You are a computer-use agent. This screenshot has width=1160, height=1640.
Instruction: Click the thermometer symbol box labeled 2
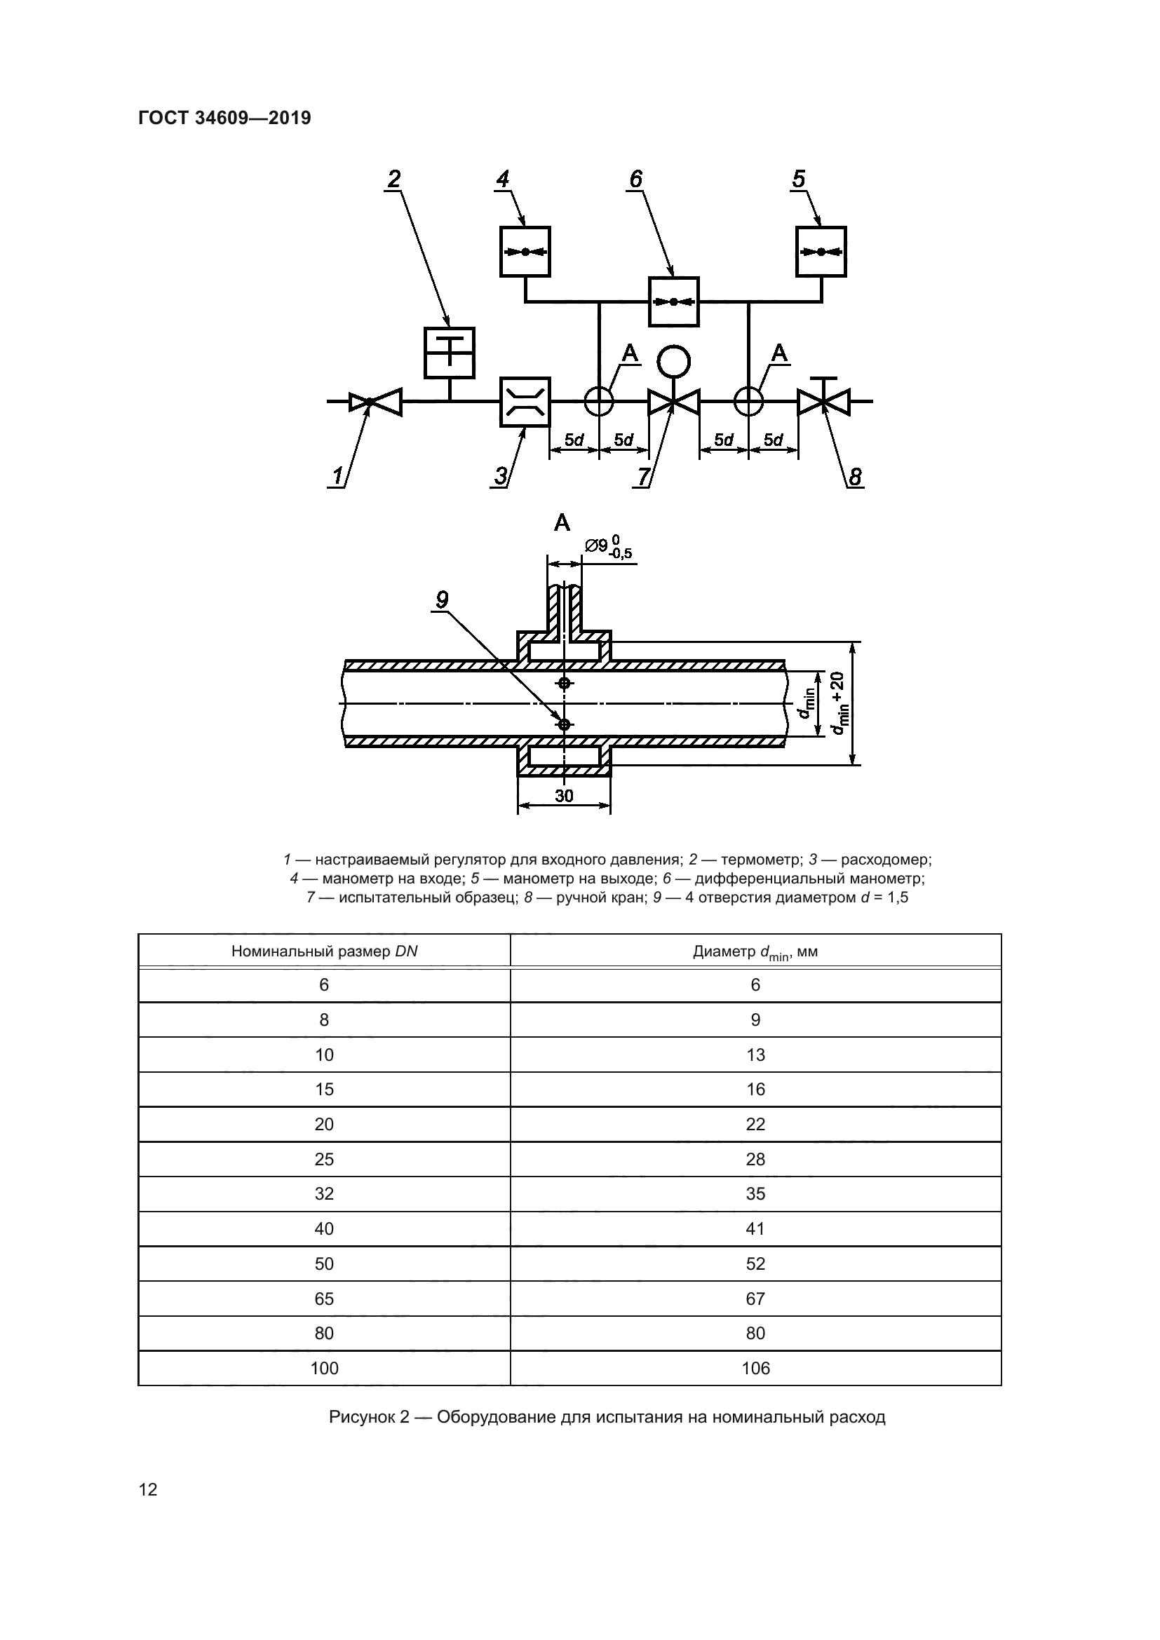(450, 353)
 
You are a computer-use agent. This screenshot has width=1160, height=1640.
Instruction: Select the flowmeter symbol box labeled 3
(525, 402)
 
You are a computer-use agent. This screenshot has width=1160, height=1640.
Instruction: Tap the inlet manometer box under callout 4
(525, 252)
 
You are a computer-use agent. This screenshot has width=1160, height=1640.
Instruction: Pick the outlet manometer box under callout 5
(821, 252)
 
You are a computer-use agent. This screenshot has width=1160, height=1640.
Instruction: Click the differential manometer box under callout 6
(673, 301)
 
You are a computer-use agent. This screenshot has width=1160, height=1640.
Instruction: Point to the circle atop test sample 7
(673, 362)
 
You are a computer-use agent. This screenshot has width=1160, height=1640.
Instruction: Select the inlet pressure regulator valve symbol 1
(376, 402)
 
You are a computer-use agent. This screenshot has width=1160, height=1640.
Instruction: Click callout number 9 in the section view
(442, 599)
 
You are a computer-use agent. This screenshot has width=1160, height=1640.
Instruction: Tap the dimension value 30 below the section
(565, 795)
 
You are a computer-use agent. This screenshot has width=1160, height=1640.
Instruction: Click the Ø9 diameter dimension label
(608, 547)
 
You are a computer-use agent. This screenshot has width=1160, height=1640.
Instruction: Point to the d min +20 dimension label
(837, 703)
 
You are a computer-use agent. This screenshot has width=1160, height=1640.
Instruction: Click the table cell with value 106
(756, 1368)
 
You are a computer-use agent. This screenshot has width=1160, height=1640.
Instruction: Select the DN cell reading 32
(324, 1193)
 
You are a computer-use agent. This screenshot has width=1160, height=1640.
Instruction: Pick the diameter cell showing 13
(756, 1055)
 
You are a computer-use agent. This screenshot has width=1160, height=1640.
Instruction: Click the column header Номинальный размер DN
(324, 951)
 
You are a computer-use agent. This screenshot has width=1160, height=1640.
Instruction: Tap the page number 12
(148, 1489)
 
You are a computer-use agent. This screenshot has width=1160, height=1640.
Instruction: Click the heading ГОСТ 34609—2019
(224, 118)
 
